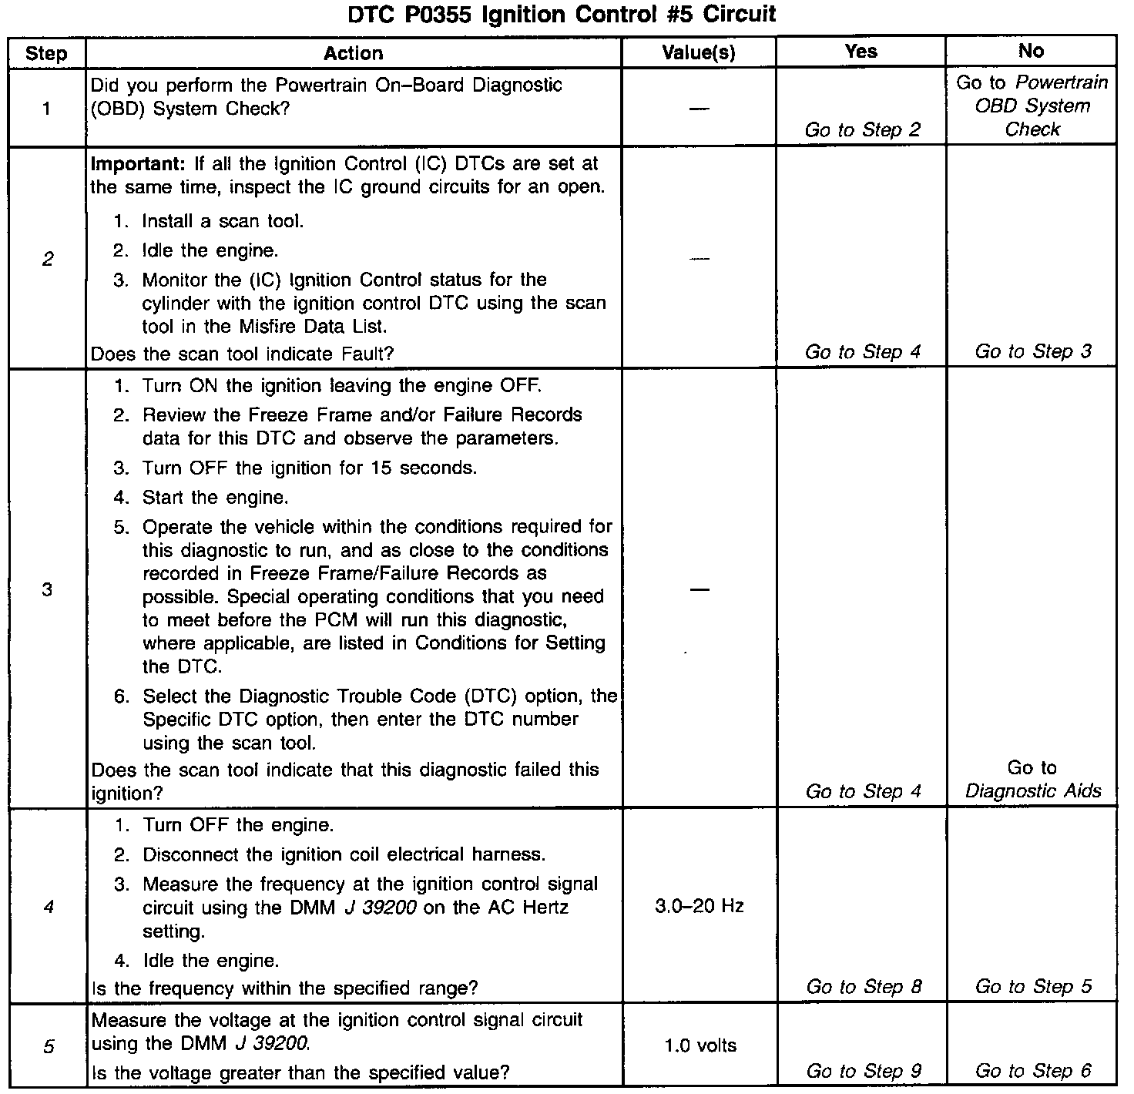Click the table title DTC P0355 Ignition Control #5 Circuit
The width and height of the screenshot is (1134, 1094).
tap(562, 14)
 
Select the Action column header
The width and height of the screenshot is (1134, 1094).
tap(353, 53)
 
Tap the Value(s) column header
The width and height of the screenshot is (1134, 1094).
tap(699, 53)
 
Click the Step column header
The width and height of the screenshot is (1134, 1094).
tap(46, 54)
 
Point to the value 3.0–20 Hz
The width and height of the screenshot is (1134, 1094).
tap(699, 906)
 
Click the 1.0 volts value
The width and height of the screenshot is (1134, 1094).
tap(700, 1045)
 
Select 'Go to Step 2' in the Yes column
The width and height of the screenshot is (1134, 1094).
tap(862, 129)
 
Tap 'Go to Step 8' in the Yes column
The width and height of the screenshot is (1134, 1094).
tap(864, 987)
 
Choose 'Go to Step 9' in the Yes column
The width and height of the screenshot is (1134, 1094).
tap(864, 1071)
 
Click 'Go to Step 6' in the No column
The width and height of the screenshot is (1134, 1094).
tap(1033, 1071)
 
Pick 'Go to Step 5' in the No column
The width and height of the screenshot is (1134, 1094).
tap(1033, 987)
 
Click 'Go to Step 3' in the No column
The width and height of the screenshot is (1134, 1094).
tap(1033, 352)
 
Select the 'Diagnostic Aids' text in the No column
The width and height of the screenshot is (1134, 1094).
tap(1033, 791)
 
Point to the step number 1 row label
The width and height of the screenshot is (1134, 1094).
tap(46, 109)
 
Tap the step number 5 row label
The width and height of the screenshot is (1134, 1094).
tap(48, 1046)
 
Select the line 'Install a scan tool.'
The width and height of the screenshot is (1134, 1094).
tap(223, 222)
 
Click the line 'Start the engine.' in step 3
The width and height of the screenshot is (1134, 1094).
tap(215, 498)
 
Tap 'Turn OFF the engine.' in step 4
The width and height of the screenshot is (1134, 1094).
tap(238, 825)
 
